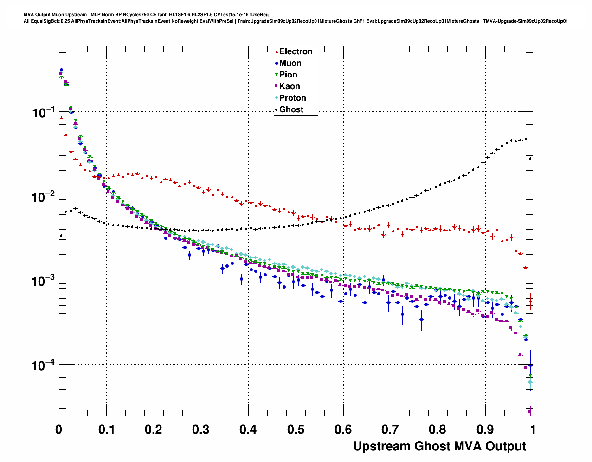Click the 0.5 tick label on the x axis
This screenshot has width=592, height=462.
[x=296, y=430]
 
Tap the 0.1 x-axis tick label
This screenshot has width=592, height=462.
[x=106, y=430]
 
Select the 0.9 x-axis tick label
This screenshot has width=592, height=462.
[x=485, y=430]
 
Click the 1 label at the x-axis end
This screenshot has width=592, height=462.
[x=533, y=430]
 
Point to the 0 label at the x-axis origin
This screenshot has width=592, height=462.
[x=58, y=430]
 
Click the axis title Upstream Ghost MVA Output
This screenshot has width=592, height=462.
[x=439, y=446]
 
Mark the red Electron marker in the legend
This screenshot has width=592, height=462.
[x=277, y=51]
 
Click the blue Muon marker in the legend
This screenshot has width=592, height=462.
[x=277, y=63]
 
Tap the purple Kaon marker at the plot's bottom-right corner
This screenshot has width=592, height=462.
[x=530, y=411]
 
